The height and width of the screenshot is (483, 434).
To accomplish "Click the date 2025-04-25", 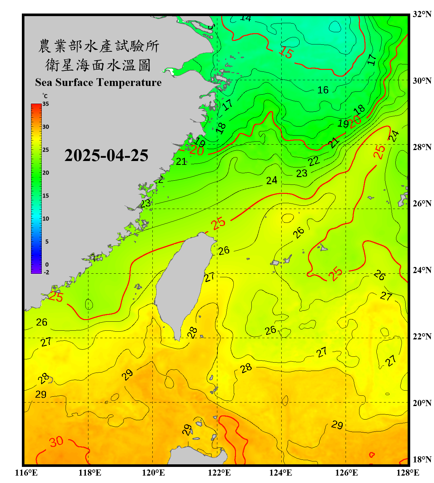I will (x=106, y=155).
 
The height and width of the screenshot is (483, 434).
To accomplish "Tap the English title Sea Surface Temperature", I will (x=98, y=82).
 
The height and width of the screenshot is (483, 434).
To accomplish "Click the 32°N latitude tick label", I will (x=422, y=14).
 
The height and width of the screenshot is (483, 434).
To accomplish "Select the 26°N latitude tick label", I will (x=422, y=204).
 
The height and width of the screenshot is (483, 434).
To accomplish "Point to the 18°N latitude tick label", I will (x=422, y=459).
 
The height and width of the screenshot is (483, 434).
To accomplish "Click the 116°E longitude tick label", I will (x=26, y=473).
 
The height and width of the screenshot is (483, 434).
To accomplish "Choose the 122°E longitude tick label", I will (x=219, y=473).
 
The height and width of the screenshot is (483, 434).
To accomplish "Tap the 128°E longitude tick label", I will (x=408, y=473).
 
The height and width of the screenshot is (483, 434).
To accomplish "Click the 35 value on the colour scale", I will (x=46, y=104).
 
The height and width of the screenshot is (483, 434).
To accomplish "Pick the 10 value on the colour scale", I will (x=46, y=219).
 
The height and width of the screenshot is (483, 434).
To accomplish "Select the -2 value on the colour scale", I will (x=46, y=272).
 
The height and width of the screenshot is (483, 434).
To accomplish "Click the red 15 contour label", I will (x=286, y=52).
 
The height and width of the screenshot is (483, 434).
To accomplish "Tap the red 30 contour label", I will (x=56, y=442).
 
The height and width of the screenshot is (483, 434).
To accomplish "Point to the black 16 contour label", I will (x=323, y=90).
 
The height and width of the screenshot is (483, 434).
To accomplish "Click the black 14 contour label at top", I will (x=245, y=18).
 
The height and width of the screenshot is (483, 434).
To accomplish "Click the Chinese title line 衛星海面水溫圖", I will (x=98, y=65).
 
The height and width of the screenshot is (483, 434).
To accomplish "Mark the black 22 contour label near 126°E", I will (x=314, y=161).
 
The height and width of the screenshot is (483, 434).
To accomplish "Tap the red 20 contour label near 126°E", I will (x=355, y=122).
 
